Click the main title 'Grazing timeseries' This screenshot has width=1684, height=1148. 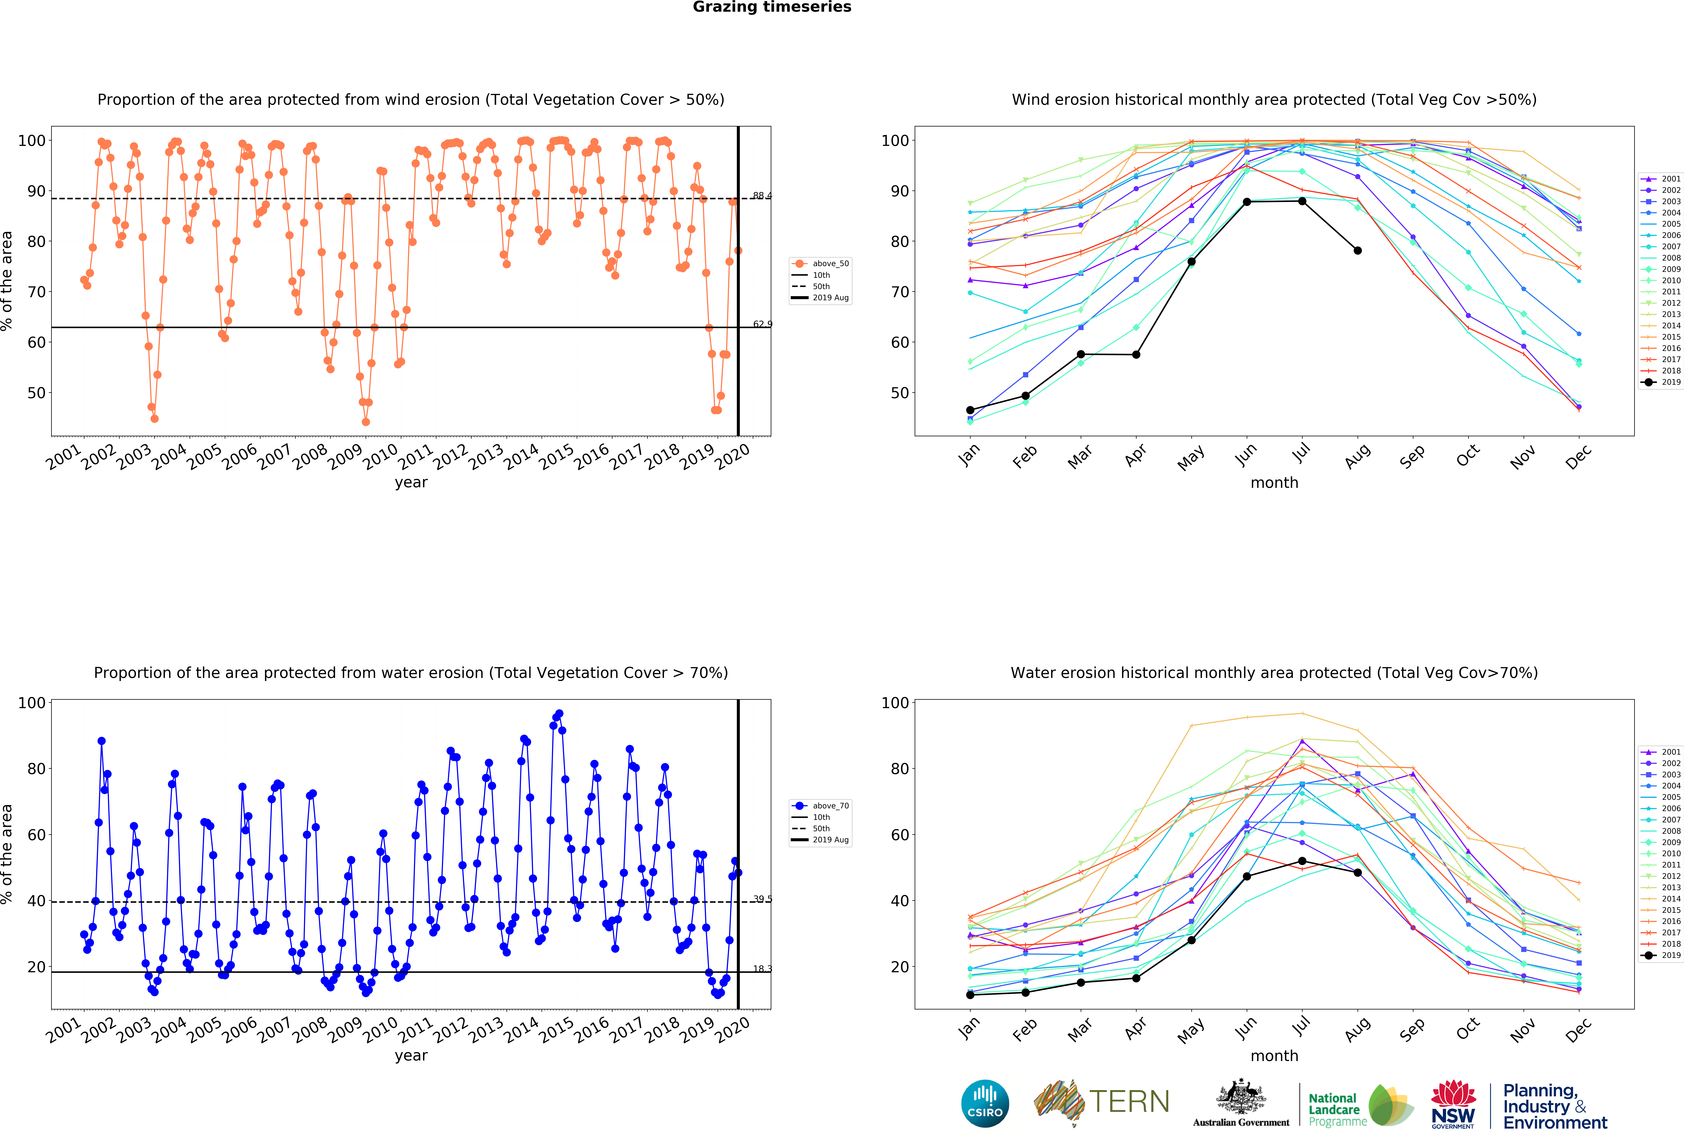point(772,7)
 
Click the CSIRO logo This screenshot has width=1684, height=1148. point(985,1104)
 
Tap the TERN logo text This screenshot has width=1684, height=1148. point(1129,1102)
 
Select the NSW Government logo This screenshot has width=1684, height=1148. point(1453,1105)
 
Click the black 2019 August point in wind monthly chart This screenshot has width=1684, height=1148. point(1357,251)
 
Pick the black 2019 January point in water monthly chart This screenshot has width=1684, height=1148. point(970,995)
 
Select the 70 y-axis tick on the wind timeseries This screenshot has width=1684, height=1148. point(36,292)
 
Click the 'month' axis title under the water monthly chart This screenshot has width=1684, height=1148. point(1274,1056)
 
